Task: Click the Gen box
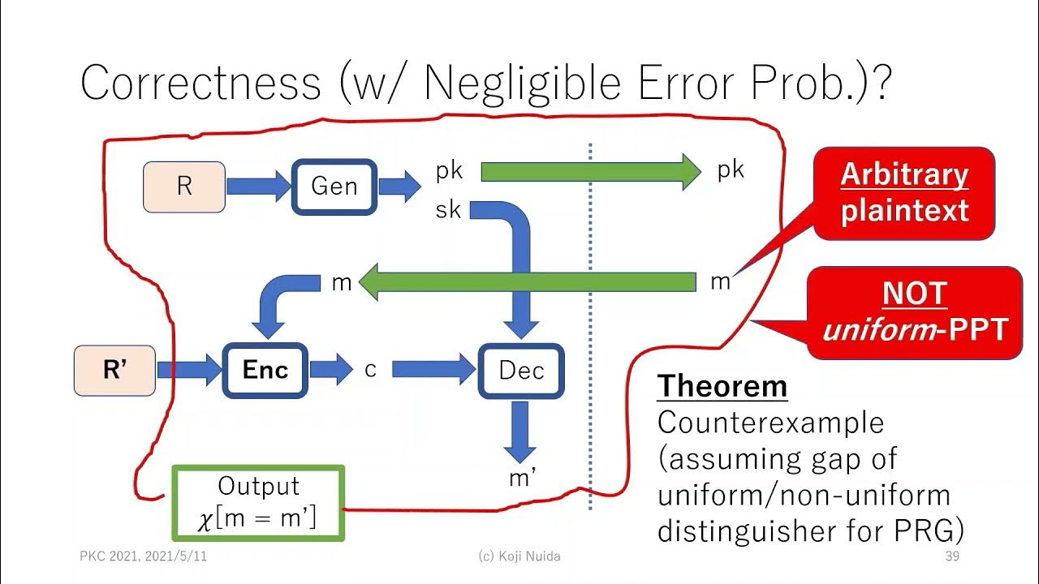coord(334,187)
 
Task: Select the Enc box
coord(265,371)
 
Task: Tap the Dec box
coord(520,371)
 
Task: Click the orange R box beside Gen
coord(184,187)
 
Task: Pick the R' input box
coord(114,371)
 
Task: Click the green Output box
coord(258,503)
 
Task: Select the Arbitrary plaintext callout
coord(903,193)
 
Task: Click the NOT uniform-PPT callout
coord(914,312)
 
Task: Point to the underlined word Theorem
coord(722,386)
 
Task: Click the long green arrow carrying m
coord(528,283)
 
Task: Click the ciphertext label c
coord(371,370)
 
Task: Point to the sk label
coord(448,210)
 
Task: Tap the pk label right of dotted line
coord(731,170)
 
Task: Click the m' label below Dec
coord(522,479)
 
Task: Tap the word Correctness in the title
coord(200,83)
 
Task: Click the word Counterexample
coord(770,423)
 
